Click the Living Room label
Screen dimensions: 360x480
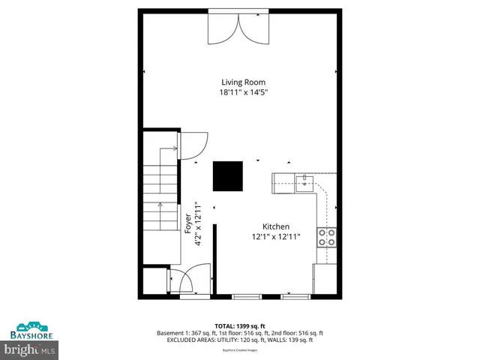click(243, 82)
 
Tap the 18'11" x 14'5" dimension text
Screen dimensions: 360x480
click(243, 93)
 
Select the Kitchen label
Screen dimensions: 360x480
click(275, 226)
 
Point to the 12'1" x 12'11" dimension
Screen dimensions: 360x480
click(275, 237)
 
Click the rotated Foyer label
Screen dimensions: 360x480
click(188, 223)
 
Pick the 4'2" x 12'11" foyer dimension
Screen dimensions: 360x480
click(198, 223)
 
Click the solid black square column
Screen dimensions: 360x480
click(227, 177)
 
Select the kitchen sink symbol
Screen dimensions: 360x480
click(305, 181)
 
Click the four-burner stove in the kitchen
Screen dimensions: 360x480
click(327, 237)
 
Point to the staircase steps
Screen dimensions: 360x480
click(159, 196)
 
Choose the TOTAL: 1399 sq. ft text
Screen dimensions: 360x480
click(239, 325)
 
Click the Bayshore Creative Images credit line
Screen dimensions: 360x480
click(239, 350)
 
